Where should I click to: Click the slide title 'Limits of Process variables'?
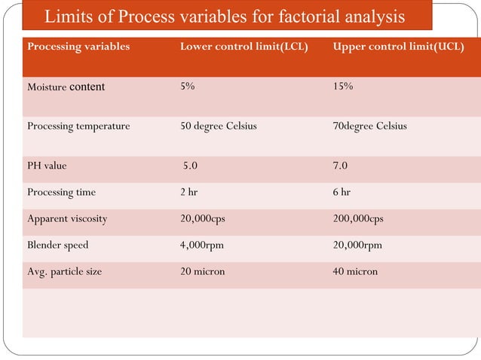(224, 17)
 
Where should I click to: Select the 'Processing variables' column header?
(78, 47)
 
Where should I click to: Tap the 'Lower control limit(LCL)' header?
(244, 47)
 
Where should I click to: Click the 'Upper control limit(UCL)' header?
(398, 47)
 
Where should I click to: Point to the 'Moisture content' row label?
(66, 87)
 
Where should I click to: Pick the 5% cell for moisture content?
(188, 86)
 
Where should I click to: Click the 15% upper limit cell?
(343, 86)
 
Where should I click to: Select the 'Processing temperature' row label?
(78, 126)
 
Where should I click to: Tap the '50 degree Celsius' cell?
(218, 126)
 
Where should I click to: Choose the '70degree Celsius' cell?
(369, 126)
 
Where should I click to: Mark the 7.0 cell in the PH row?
(341, 166)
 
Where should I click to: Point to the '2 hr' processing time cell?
(188, 192)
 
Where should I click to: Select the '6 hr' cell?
(342, 192)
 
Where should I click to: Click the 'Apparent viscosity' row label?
(67, 218)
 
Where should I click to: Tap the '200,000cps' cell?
(358, 218)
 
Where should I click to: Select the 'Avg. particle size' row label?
(64, 271)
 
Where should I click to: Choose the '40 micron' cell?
(355, 271)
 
